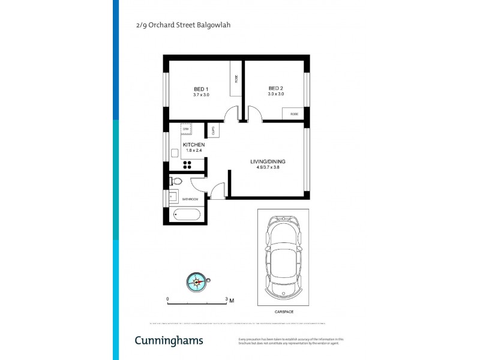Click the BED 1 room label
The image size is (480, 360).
[200, 89]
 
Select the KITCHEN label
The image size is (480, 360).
[194, 145]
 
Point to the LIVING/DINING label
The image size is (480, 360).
[268, 161]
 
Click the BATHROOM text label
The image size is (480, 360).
[190, 199]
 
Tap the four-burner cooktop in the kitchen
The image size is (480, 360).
[187, 166]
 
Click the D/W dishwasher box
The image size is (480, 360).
[185, 129]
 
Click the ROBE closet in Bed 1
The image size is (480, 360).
[236, 77]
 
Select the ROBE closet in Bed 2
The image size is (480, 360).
[294, 114]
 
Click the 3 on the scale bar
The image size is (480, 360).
[226, 298]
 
